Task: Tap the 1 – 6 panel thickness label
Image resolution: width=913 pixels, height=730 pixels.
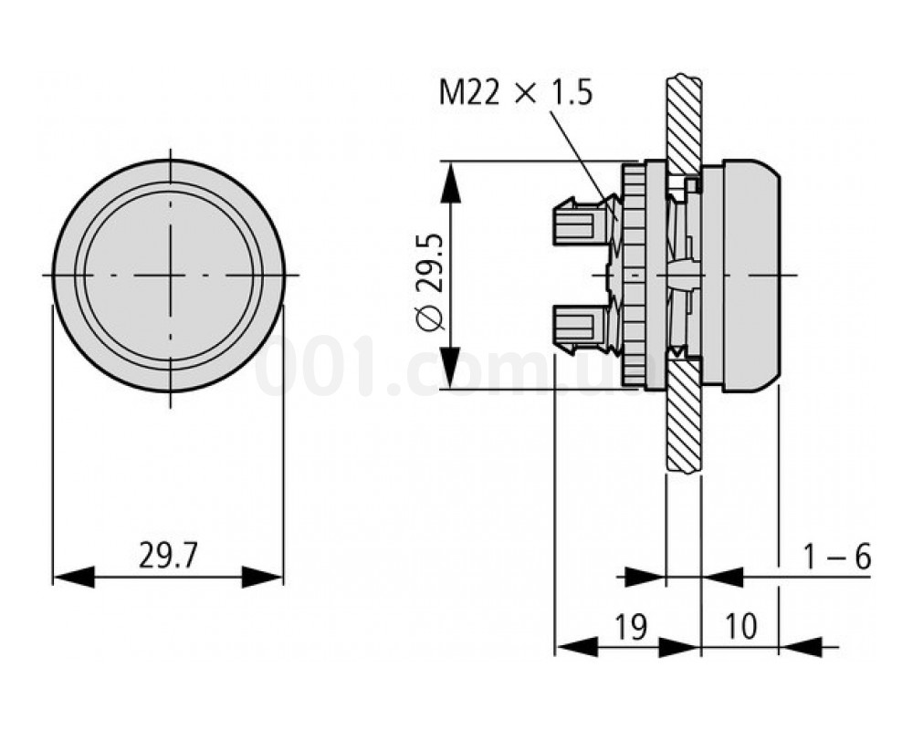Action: tap(836, 558)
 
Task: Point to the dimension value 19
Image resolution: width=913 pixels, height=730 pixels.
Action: tap(627, 627)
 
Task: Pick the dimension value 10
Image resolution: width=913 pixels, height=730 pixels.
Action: tap(740, 627)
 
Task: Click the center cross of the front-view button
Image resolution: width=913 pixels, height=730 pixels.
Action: tap(170, 275)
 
